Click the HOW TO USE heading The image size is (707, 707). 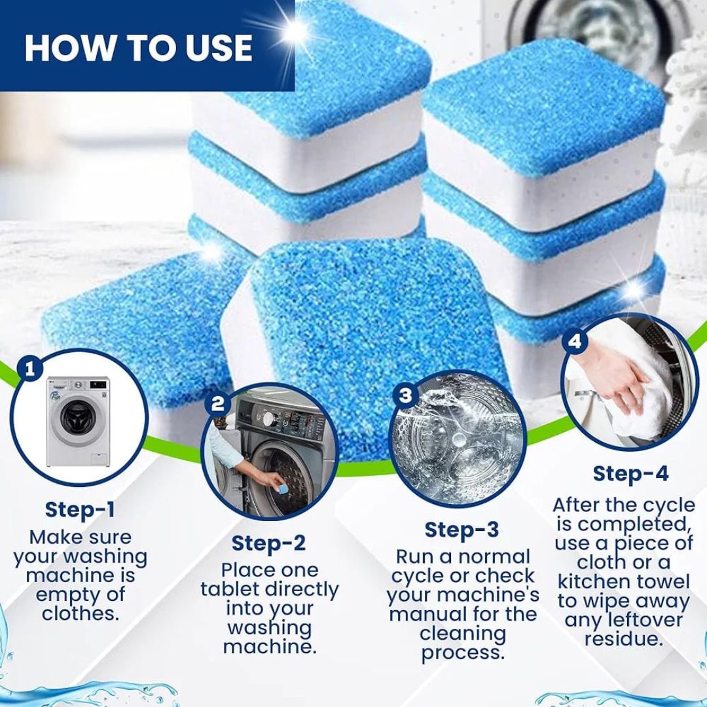138,46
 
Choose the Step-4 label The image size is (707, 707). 630,474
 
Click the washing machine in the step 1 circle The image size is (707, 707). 75,419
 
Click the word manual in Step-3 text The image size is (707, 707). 426,615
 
